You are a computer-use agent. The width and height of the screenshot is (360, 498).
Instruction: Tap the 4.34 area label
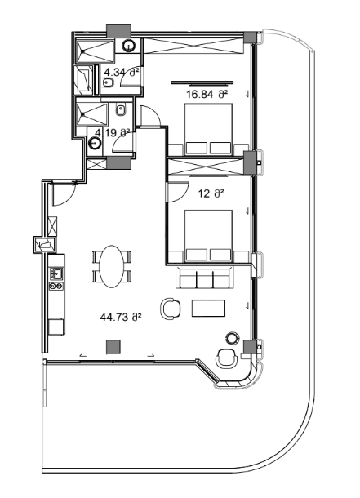(122, 73)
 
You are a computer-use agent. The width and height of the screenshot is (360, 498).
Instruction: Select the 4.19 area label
(113, 131)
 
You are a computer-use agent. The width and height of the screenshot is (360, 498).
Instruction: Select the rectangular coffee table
(207, 308)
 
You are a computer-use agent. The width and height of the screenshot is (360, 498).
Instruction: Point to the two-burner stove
(56, 287)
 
